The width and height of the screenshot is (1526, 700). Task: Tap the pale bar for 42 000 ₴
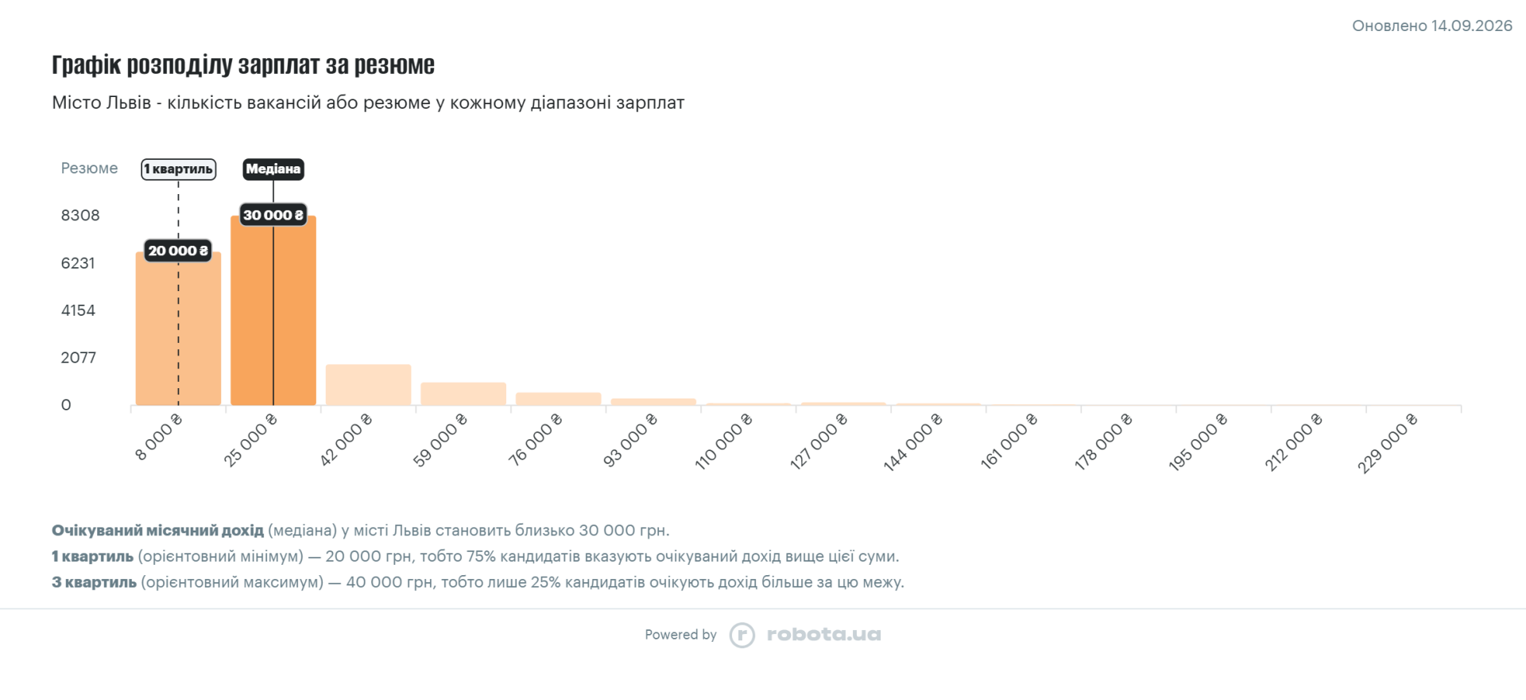click(x=368, y=385)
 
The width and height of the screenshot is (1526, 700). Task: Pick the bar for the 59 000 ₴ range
click(x=463, y=394)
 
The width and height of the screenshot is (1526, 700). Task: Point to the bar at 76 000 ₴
click(x=558, y=399)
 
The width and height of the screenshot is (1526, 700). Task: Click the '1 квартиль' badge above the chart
click(x=179, y=169)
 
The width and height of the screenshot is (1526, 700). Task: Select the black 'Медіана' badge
click(x=273, y=169)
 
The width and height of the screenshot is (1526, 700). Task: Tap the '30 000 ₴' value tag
click(x=273, y=215)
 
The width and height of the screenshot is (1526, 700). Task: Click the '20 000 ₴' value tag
click(x=178, y=251)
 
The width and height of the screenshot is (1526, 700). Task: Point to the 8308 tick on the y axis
click(x=80, y=216)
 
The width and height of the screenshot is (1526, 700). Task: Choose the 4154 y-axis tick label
click(x=78, y=310)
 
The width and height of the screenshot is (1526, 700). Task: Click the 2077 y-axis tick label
click(x=79, y=358)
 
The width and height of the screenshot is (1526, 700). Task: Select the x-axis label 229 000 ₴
click(x=1387, y=443)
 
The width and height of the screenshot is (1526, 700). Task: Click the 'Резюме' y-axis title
click(x=89, y=168)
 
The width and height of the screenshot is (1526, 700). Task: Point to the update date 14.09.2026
click(x=1472, y=25)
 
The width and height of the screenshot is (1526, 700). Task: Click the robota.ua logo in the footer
click(x=805, y=635)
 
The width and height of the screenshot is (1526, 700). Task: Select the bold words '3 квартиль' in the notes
click(x=95, y=582)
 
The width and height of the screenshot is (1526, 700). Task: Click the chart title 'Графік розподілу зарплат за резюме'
click(x=243, y=64)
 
